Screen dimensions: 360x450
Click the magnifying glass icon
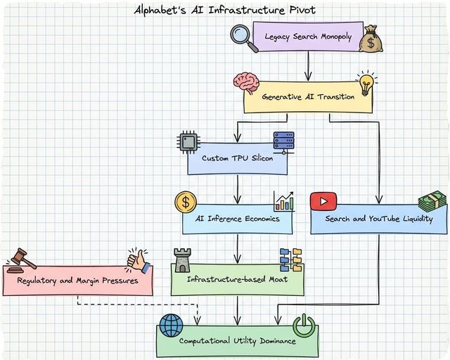pyautogui.click(x=241, y=36)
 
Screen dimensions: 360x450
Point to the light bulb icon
pyautogui.click(x=366, y=82)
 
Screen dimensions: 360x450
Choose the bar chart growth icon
pyautogui.click(x=283, y=201)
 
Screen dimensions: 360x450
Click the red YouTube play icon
pyautogui.click(x=323, y=201)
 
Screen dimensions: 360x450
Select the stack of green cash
pyautogui.click(x=432, y=201)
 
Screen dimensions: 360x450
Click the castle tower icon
pyautogui.click(x=182, y=259)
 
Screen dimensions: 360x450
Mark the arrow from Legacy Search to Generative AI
pyautogui.click(x=307, y=67)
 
